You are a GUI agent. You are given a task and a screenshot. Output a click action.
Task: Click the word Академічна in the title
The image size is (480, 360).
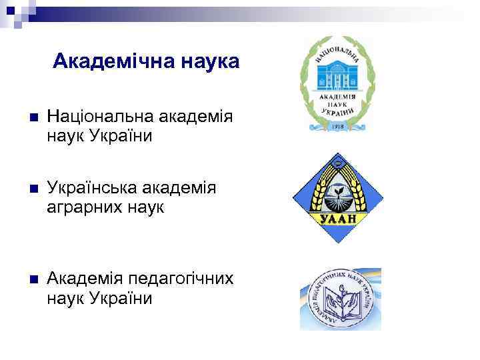click(108, 62)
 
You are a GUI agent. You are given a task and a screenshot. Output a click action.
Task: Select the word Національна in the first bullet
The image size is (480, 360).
click(99, 118)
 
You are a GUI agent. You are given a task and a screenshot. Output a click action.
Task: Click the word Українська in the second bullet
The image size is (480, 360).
click(95, 189)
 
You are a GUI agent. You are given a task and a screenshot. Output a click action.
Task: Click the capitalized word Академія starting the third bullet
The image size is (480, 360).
click(86, 279)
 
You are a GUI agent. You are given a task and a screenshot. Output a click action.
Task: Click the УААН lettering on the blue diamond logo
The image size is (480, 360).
click(340, 218)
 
